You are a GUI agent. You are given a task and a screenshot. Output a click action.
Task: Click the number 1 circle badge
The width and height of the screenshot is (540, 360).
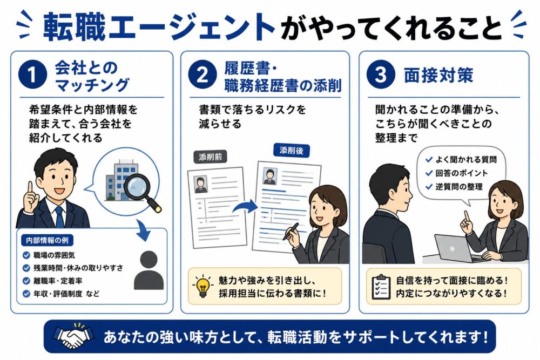click(x=32, y=74)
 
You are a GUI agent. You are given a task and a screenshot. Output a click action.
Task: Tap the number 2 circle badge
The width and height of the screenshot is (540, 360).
click(x=202, y=74)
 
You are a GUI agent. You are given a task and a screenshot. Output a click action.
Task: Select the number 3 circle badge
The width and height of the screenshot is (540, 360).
click(x=381, y=74)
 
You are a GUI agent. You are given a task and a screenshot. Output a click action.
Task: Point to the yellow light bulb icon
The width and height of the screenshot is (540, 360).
click(x=203, y=286)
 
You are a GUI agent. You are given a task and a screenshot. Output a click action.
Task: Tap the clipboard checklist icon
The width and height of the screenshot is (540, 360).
click(x=381, y=287)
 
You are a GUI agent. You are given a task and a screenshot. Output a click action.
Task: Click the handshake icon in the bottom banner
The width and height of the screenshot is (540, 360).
click(x=73, y=336)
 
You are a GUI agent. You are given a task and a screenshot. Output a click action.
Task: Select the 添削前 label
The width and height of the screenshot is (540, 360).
click(x=210, y=157)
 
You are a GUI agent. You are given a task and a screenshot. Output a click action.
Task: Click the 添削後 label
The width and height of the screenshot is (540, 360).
click(x=292, y=151)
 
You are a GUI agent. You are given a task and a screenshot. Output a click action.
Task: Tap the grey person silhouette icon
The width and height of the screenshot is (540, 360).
click(x=149, y=270)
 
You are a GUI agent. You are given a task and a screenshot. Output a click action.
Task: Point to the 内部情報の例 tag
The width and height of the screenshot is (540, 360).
click(x=47, y=240)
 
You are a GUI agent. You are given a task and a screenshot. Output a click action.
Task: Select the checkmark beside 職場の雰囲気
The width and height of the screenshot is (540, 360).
click(x=26, y=255)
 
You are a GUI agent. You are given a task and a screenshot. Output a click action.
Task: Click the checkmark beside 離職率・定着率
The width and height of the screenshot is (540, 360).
click(x=26, y=281)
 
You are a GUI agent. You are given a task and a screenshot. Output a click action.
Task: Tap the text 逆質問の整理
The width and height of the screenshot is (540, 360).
click(x=458, y=187)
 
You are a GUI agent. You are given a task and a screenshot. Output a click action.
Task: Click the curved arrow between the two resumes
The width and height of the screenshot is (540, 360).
click(x=245, y=207)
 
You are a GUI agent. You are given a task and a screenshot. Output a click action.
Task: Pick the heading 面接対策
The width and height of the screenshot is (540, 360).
click(x=438, y=75)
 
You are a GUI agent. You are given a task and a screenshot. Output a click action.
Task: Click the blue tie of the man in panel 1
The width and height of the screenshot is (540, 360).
click(x=60, y=217)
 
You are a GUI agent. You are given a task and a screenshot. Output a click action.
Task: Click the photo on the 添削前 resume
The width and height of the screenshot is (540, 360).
click(x=200, y=185)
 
